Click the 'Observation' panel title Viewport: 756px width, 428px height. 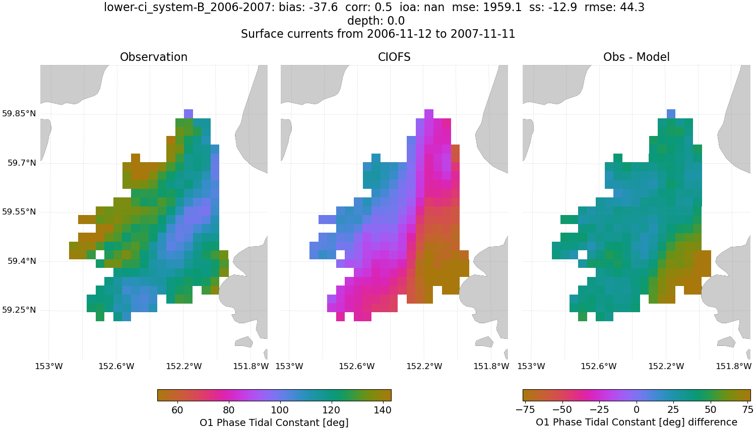coord(154,57)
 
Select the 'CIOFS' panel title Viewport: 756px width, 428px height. coord(394,57)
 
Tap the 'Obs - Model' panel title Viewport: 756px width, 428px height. coord(636,57)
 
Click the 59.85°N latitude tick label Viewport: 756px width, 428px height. coord(19,114)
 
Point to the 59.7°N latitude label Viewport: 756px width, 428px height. coord(21,163)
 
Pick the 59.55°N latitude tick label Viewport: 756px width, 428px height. coord(19,212)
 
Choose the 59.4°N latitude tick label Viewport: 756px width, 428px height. coord(21,261)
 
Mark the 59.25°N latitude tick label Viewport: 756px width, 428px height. coord(19,310)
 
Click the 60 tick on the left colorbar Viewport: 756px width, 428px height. coord(177,410)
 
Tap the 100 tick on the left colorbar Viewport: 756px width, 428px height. coord(280,410)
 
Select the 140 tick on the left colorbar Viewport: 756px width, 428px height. coord(383,410)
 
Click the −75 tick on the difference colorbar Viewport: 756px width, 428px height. coord(525,410)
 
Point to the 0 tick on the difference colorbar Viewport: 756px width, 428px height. coord(637,410)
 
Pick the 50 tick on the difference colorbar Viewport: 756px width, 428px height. coord(711,410)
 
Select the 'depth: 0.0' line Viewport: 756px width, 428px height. coord(376,21)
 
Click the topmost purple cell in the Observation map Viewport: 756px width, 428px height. coord(188,114)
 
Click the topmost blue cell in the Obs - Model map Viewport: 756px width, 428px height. coord(671,114)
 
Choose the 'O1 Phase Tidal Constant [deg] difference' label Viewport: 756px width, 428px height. coord(636,422)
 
